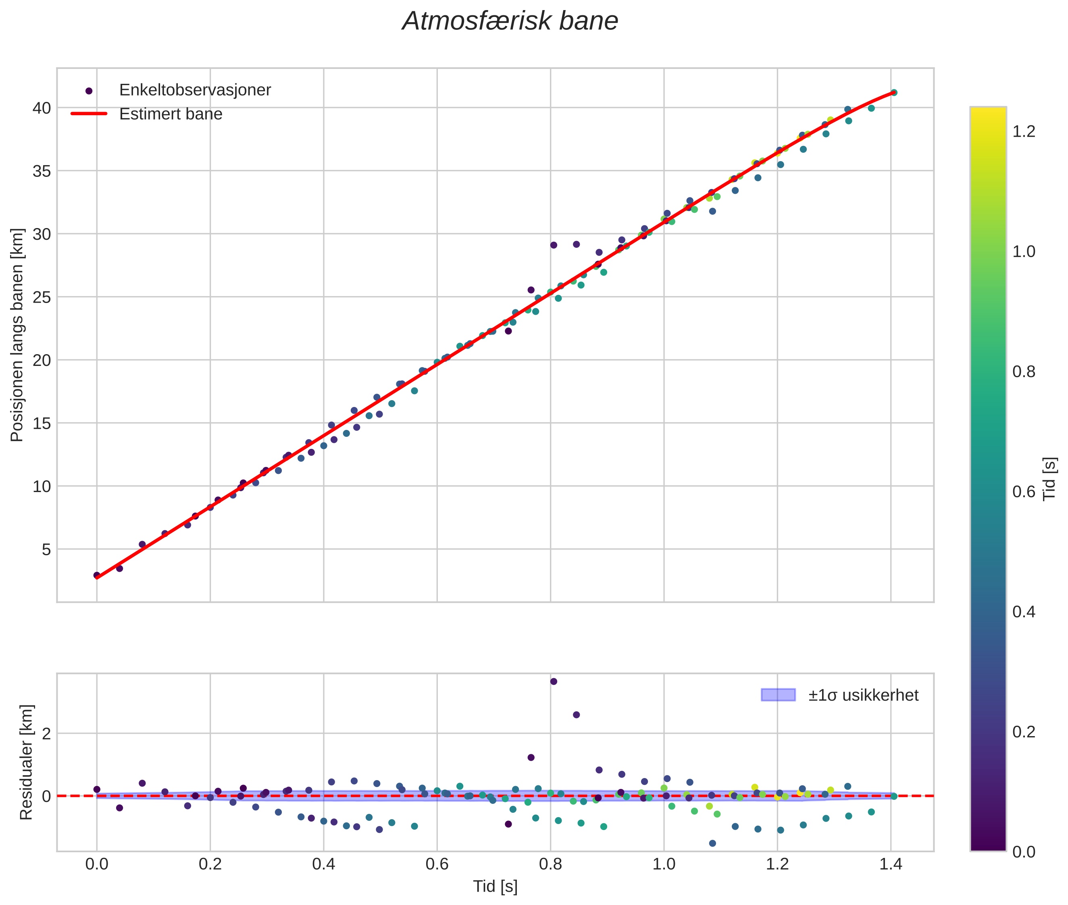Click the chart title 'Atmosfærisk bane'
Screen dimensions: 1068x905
tap(510, 21)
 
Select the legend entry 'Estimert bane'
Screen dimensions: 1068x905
tap(171, 114)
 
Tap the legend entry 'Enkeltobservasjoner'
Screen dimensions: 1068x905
tap(195, 90)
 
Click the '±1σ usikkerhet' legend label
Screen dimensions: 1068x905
tap(863, 695)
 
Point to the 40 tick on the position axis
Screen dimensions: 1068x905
tap(42, 108)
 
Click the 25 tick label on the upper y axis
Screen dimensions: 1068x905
tap(42, 297)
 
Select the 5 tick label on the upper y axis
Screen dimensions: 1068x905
tap(47, 550)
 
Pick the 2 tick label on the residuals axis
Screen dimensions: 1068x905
tap(47, 734)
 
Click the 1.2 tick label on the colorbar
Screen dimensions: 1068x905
tap(1024, 131)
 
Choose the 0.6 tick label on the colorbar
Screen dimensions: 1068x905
tap(1024, 492)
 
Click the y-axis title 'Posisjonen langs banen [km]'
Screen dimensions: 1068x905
tap(17, 335)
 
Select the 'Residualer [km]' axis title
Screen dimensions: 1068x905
tap(26, 762)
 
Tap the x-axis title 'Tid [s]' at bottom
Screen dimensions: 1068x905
tap(495, 886)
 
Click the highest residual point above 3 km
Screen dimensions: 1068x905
tap(553, 681)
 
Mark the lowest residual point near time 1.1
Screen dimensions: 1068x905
tap(712, 843)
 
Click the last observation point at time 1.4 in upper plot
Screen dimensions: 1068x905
tap(893, 92)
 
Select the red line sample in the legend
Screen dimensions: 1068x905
tap(89, 114)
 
